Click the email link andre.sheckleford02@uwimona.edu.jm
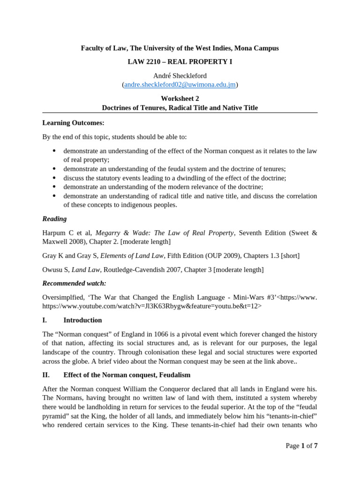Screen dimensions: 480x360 coord(180,84)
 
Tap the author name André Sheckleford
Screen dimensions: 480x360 coord(180,75)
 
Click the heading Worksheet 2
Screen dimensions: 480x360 coord(180,98)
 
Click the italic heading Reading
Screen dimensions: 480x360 coord(54,219)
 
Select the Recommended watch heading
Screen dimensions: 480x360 coord(74,283)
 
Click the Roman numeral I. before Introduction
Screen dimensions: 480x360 coord(45,320)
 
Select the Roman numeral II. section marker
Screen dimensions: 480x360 coord(46,375)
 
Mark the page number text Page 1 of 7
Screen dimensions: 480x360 coord(301,446)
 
